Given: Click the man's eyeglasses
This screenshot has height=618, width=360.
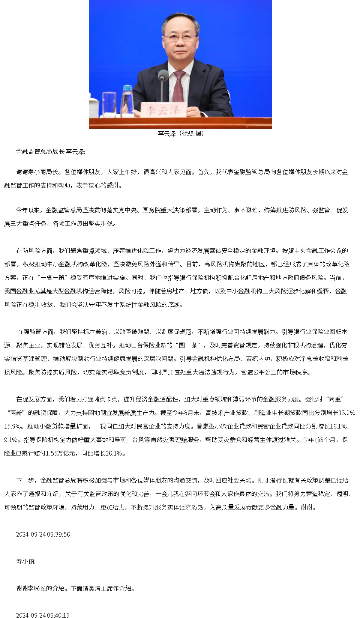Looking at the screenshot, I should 180,37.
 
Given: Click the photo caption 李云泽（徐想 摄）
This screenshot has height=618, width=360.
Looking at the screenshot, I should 180,134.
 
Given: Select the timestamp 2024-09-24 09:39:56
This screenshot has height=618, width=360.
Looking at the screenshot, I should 43,534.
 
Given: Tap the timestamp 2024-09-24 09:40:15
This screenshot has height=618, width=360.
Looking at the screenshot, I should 42,615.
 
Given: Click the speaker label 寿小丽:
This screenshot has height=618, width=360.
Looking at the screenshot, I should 26,561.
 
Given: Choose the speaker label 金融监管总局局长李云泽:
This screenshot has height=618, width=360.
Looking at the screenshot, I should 51,152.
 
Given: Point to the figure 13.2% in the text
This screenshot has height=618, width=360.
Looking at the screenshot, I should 347,413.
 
